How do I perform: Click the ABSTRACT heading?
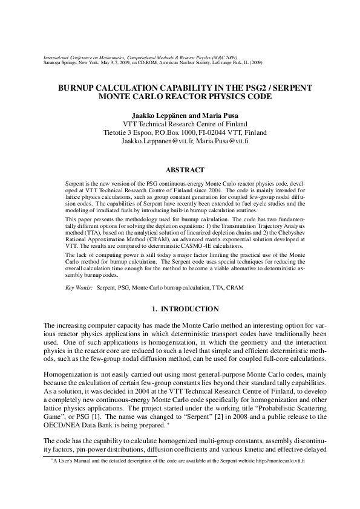(x=185, y=170)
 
